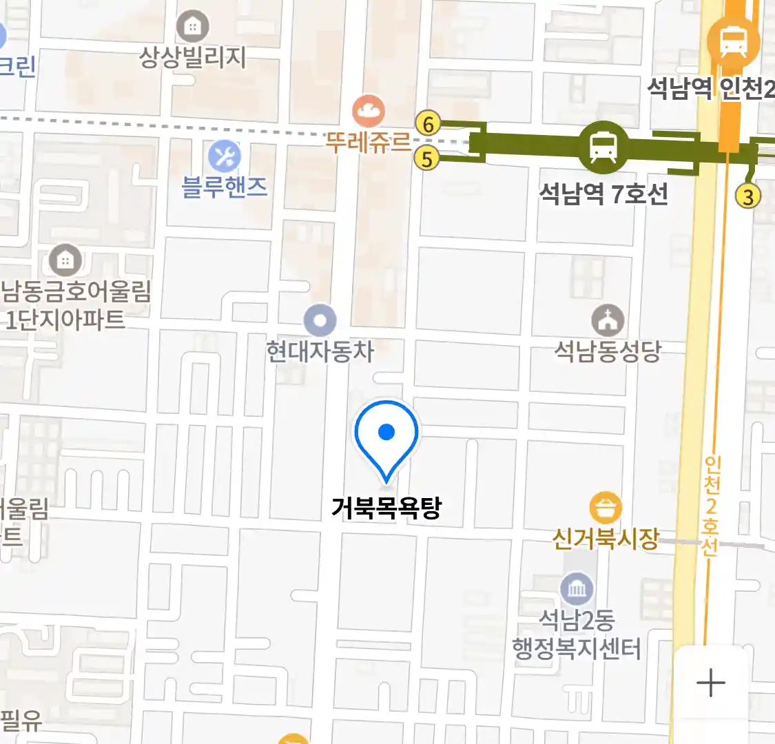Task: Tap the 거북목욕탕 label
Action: [x=386, y=508]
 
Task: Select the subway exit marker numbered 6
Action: [x=428, y=124]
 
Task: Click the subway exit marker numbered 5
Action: [x=427, y=158]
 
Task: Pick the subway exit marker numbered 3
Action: [x=747, y=197]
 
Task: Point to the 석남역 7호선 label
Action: [x=603, y=194]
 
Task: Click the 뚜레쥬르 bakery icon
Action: [x=369, y=110]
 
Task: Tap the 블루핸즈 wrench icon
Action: [x=225, y=156]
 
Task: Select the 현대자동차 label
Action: [x=320, y=351]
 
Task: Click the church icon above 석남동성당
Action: [x=608, y=320]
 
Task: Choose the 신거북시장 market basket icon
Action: [x=606, y=509]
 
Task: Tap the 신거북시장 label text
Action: [x=606, y=538]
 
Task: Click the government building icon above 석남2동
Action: [x=577, y=589]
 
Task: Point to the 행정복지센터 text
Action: [x=577, y=649]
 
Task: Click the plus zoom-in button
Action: [x=711, y=683]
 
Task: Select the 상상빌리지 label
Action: [x=193, y=56]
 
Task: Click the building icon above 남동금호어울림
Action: [x=65, y=260]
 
